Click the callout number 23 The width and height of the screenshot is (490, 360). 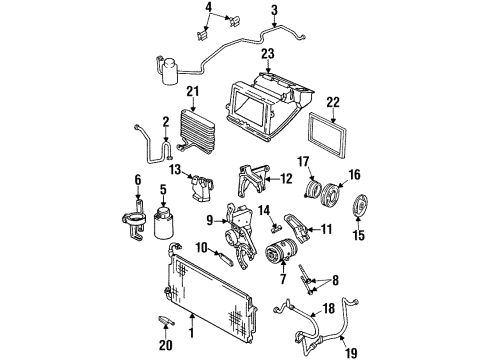[x=268, y=55]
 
